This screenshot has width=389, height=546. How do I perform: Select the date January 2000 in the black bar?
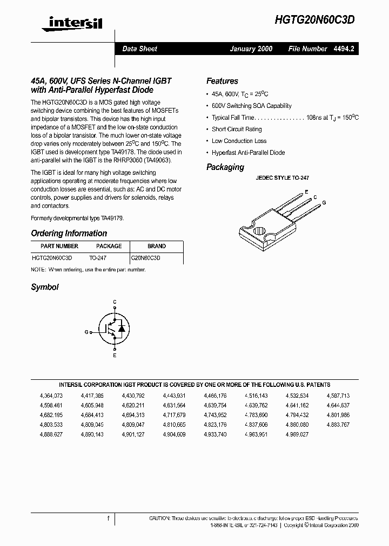tap(251, 49)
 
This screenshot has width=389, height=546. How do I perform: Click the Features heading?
tap(222, 81)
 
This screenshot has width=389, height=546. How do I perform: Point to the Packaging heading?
tap(225, 167)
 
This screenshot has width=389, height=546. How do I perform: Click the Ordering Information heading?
tap(69, 234)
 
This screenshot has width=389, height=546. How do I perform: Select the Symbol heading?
tap(45, 287)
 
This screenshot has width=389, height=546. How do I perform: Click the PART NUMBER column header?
tap(55, 246)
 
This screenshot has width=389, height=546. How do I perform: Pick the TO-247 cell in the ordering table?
tap(98, 258)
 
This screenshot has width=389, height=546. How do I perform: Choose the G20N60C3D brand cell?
tap(145, 258)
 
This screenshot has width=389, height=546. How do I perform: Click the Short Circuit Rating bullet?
tap(237, 129)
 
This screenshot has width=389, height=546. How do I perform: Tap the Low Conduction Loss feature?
tap(239, 141)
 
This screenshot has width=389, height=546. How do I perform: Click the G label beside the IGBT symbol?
tap(86, 332)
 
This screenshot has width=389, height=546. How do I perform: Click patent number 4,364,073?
tap(51, 395)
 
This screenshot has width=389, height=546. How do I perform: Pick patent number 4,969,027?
tap(297, 434)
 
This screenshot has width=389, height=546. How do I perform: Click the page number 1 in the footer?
tap(108, 518)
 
